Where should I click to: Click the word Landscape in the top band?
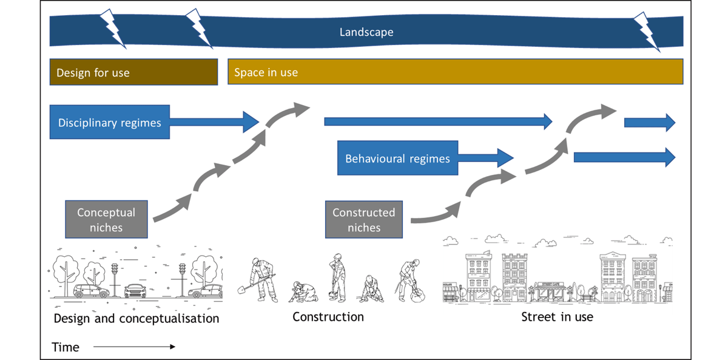tap(366, 32)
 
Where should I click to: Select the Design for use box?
tap(133, 72)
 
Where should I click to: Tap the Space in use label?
tap(266, 72)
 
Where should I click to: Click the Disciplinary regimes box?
tap(109, 122)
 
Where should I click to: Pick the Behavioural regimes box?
tap(397, 158)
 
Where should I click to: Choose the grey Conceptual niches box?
tap(106, 219)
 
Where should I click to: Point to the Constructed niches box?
tap(364, 219)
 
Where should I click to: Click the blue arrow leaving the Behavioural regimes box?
tap(486, 158)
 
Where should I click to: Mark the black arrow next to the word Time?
tap(134, 347)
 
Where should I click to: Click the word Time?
tap(66, 347)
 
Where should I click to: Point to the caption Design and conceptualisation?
tap(136, 318)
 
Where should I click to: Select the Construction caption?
tap(328, 317)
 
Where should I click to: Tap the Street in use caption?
tap(557, 317)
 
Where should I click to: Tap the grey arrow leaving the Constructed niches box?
tap(434, 214)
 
